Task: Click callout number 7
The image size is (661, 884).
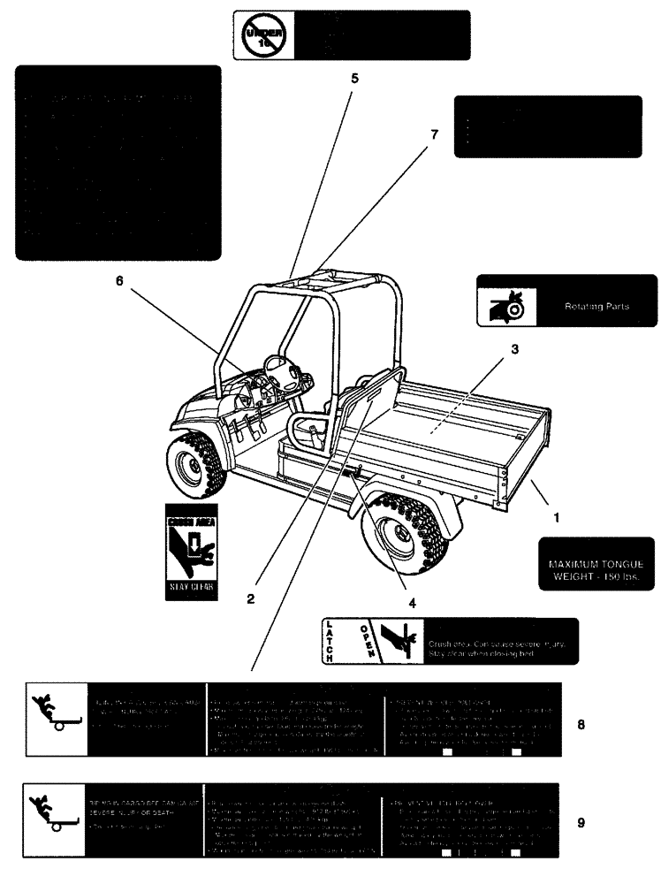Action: pos(434,134)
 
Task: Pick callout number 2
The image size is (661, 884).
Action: pos(251,598)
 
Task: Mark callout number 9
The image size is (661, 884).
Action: pos(580,822)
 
